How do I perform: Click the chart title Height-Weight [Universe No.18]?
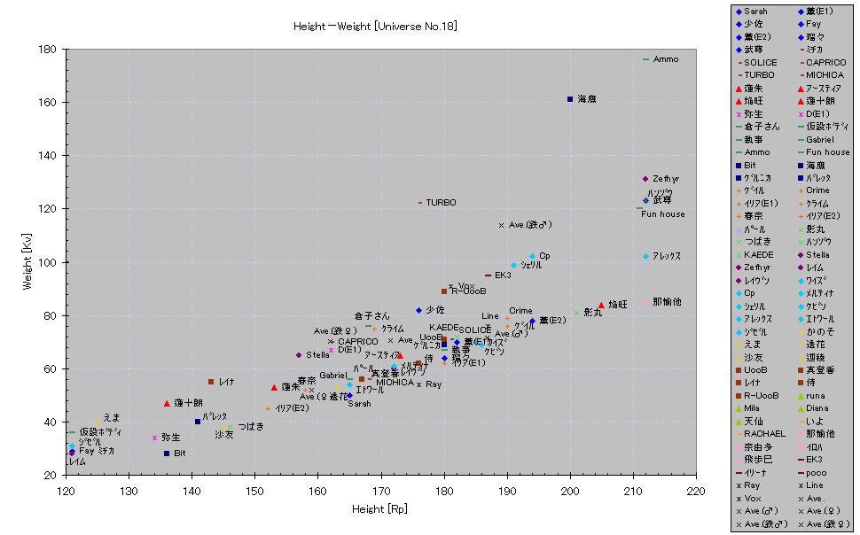coord(375,27)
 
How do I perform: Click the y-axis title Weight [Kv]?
coord(29,262)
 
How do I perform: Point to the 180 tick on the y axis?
coord(50,49)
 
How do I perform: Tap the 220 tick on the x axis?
coord(696,490)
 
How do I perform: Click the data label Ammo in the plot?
coord(666,59)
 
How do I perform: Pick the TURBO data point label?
coord(441,203)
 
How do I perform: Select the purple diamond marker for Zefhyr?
coord(645,179)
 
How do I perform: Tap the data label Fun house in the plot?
coord(663,214)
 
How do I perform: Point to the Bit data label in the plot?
coord(180,454)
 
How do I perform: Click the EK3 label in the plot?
coord(503,275)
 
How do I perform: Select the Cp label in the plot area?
coord(544,256)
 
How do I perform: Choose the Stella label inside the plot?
coord(318,355)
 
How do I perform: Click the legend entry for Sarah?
coord(756,11)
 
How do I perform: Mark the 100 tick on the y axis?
coord(50,262)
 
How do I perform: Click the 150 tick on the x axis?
coord(254,490)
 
